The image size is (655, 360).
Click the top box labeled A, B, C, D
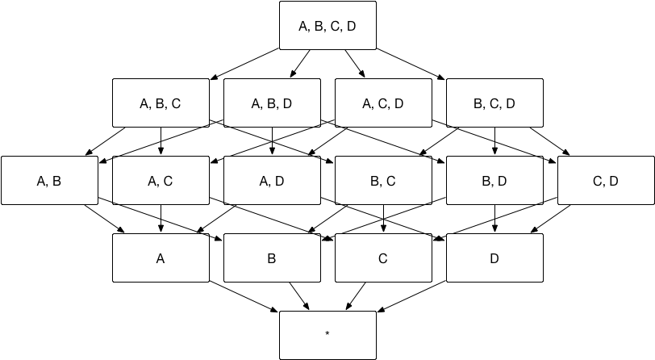(x=327, y=25)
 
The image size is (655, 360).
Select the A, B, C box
(x=161, y=103)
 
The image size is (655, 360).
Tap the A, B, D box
(x=272, y=103)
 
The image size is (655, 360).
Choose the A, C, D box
(x=383, y=103)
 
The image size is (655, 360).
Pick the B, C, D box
(x=494, y=103)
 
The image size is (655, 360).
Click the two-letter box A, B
(x=49, y=180)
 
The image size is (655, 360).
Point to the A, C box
(x=161, y=180)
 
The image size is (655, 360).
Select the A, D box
(x=272, y=180)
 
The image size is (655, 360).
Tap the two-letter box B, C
(x=383, y=180)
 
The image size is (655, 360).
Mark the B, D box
(x=494, y=180)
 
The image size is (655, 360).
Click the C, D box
(x=606, y=180)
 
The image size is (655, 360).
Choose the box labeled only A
(x=161, y=257)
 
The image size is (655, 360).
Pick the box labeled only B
(x=272, y=257)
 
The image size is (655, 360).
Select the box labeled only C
(x=383, y=257)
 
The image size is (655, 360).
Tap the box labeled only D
(x=494, y=257)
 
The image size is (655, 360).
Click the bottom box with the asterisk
(x=327, y=335)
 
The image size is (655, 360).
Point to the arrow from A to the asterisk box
(x=244, y=296)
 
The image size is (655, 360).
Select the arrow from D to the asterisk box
(x=411, y=296)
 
